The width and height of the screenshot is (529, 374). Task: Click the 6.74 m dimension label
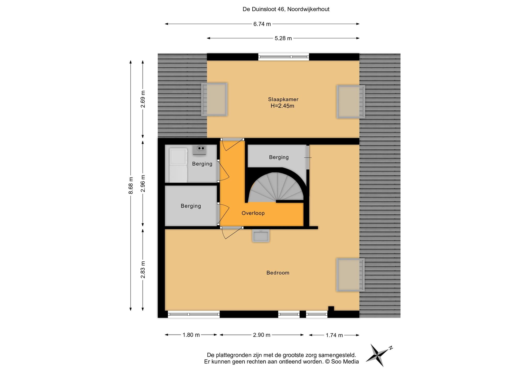click(262, 24)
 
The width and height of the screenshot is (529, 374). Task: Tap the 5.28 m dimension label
click(283, 38)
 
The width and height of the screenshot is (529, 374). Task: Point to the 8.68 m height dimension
click(131, 185)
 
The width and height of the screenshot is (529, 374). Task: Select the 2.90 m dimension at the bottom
click(262, 335)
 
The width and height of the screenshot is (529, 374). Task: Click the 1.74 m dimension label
click(334, 335)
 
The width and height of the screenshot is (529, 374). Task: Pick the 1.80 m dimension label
click(191, 335)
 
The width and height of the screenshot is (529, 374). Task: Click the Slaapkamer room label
click(283, 99)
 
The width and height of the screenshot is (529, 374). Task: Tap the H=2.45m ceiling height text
click(282, 106)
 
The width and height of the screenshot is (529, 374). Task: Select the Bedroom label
click(278, 273)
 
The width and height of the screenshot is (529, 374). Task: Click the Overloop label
click(253, 213)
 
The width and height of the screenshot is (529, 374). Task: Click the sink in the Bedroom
click(261, 236)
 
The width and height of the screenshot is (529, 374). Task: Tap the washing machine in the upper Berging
click(178, 165)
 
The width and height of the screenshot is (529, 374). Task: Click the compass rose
click(378, 355)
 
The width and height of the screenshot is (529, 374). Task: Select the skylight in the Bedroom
click(351, 275)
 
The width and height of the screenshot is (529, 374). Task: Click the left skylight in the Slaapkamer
click(214, 99)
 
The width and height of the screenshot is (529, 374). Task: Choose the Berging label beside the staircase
click(279, 157)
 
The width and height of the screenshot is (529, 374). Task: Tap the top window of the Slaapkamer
click(284, 57)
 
